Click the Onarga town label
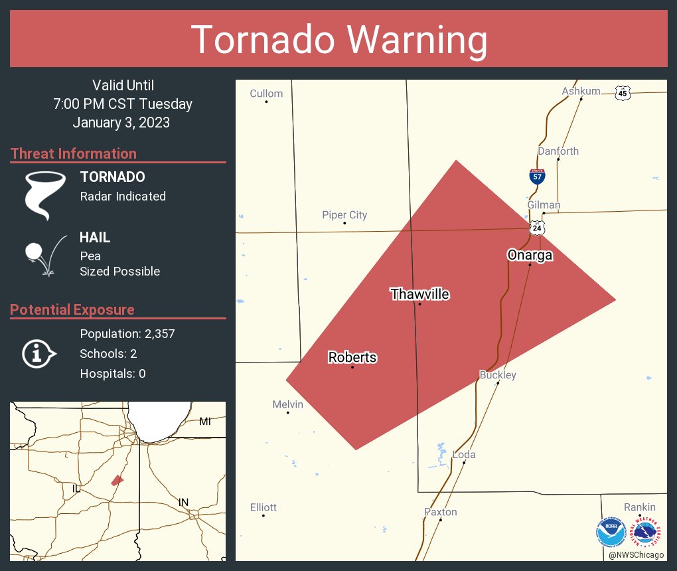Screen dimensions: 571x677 tap(530, 255)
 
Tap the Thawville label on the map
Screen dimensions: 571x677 tap(419, 294)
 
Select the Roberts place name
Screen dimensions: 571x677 tap(352, 357)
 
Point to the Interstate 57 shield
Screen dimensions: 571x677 tap(538, 176)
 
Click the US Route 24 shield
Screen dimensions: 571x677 tap(537, 228)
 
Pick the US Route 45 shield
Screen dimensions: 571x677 tap(622, 93)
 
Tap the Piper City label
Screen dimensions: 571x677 tap(344, 215)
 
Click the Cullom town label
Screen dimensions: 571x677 tap(266, 94)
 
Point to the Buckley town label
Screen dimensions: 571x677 tap(498, 375)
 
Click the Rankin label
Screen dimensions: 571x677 tap(640, 507)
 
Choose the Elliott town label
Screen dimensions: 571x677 tap(263, 507)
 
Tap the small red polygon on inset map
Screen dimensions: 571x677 tap(117, 479)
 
